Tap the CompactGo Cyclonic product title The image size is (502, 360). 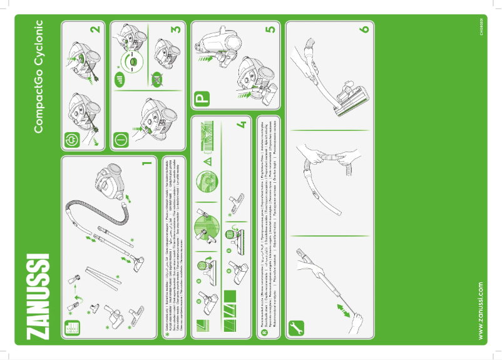point(38,76)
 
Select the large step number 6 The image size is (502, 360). point(364,29)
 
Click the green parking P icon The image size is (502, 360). point(203,100)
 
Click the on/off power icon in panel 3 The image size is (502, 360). point(121,138)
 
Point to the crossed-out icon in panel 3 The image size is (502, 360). point(158,80)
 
